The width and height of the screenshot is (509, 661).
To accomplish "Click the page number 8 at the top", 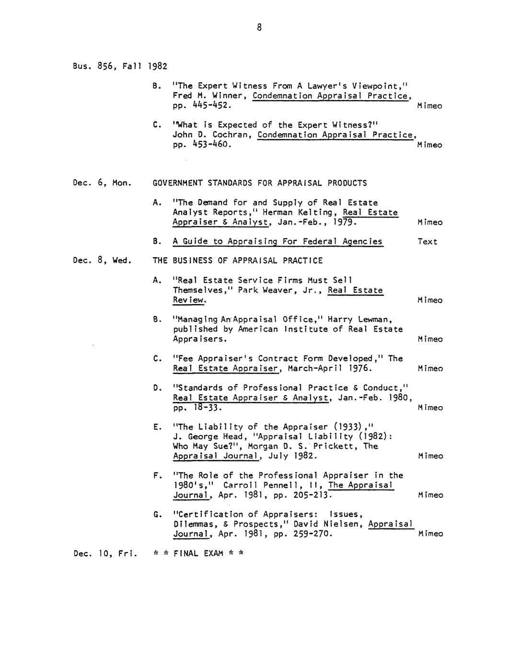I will (x=259, y=28).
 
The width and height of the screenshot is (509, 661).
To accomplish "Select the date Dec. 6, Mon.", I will (x=102, y=183).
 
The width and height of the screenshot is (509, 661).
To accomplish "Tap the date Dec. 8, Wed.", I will (x=102, y=261).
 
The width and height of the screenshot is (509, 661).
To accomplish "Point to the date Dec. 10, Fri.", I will (x=105, y=554).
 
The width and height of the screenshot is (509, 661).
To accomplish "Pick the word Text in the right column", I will (x=428, y=241).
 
